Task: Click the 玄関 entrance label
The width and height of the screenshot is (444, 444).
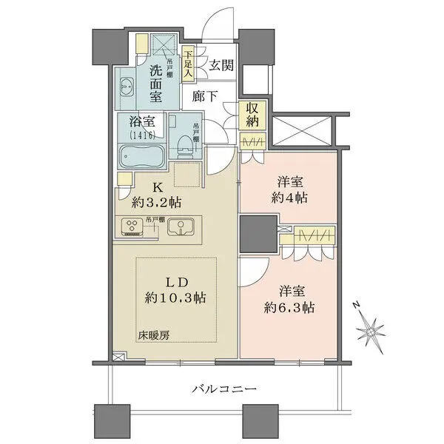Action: tap(221, 65)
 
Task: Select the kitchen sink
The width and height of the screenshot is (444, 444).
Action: tap(179, 227)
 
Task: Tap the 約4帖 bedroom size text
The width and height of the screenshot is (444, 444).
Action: tap(288, 198)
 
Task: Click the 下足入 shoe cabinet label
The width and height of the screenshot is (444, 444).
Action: tap(188, 64)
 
